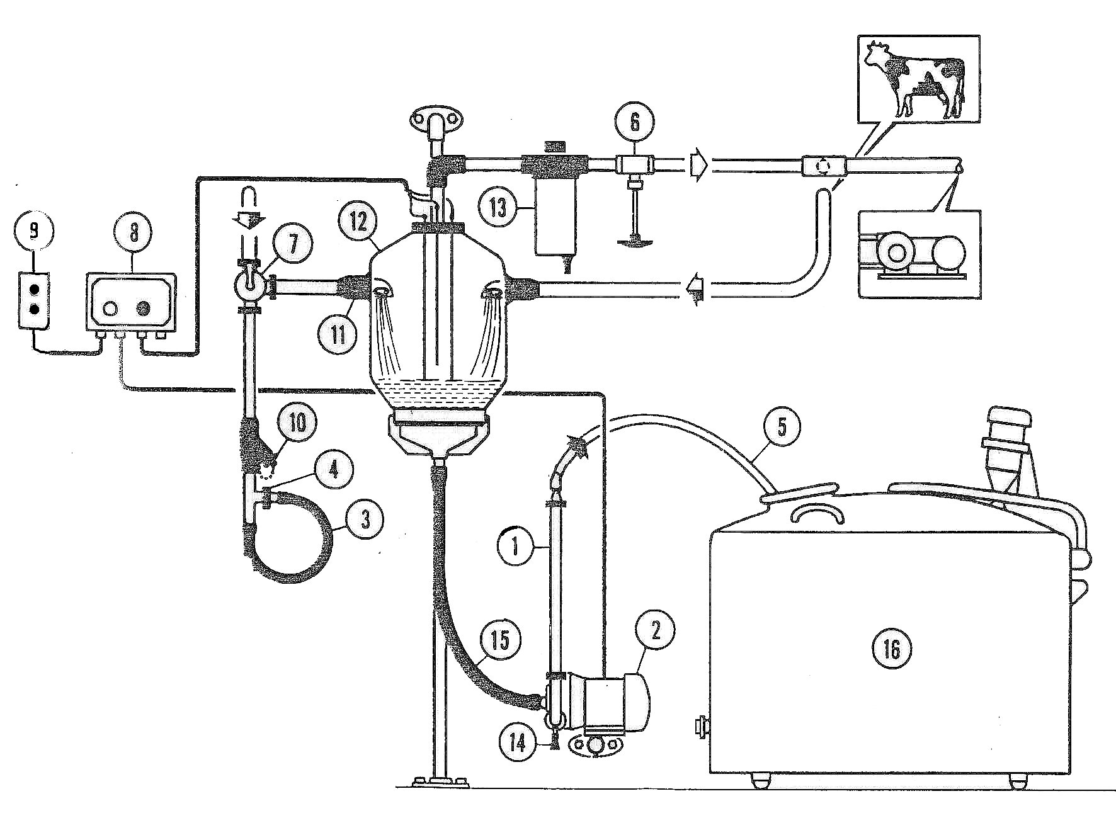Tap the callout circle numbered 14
pyautogui.click(x=518, y=744)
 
